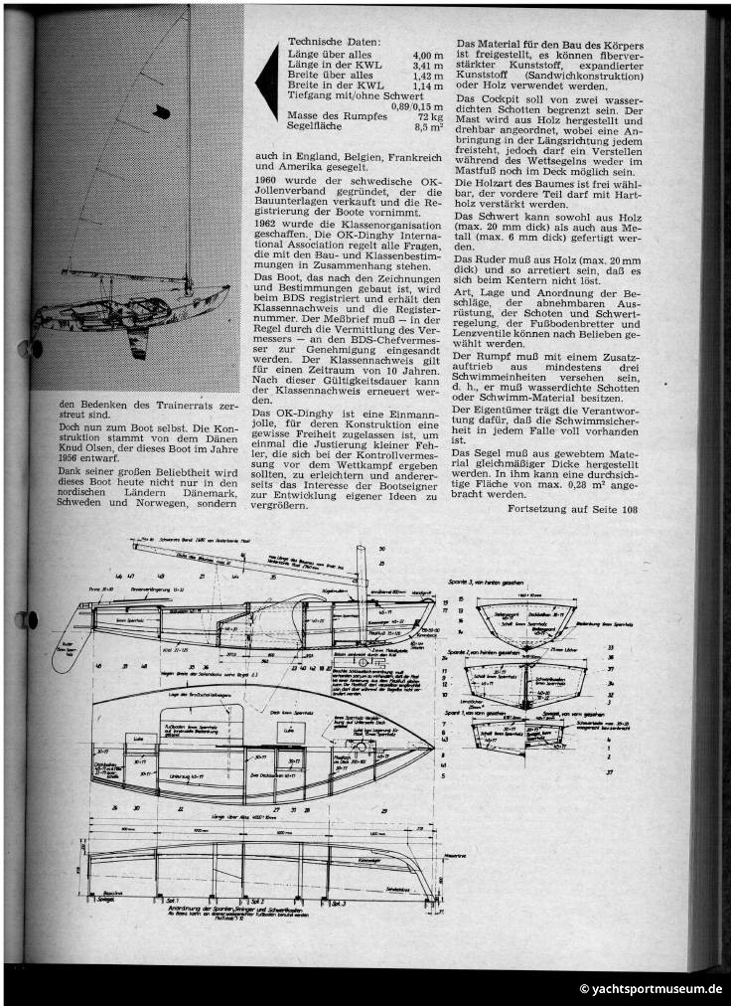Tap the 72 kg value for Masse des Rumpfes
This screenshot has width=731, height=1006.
click(x=430, y=118)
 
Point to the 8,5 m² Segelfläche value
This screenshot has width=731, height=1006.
click(x=428, y=129)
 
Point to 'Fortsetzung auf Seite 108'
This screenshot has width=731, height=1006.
click(x=569, y=510)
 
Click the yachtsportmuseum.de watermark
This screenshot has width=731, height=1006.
click(x=652, y=990)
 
